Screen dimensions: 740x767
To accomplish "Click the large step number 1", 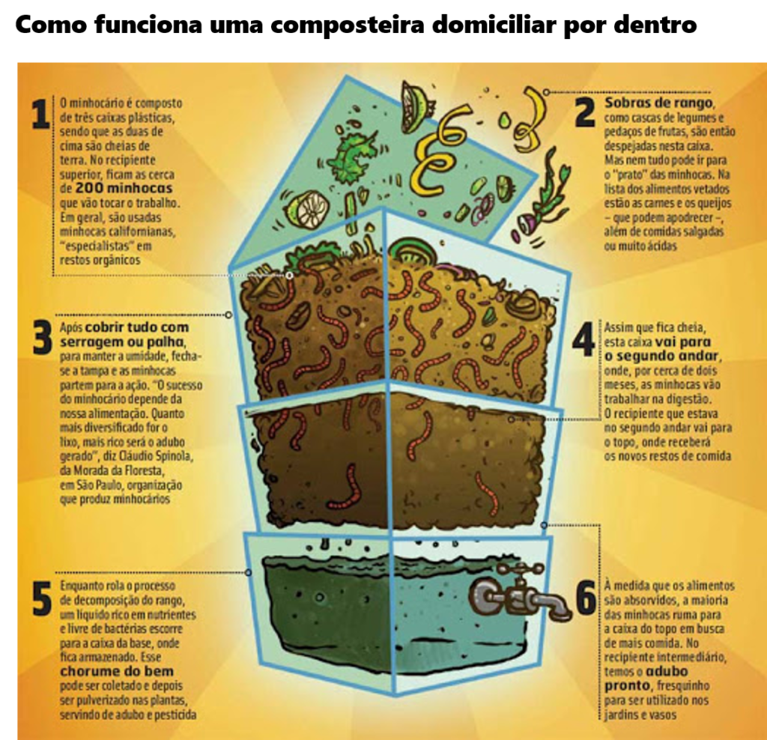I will [40, 115].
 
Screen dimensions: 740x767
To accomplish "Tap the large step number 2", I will [584, 112].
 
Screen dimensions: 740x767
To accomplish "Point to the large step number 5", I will [42, 599].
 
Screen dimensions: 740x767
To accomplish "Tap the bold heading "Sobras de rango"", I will [659, 103].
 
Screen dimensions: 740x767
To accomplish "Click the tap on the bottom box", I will [517, 595].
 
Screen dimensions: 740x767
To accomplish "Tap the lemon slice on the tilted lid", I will [307, 210].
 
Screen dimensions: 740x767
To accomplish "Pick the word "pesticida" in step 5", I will [174, 715].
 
